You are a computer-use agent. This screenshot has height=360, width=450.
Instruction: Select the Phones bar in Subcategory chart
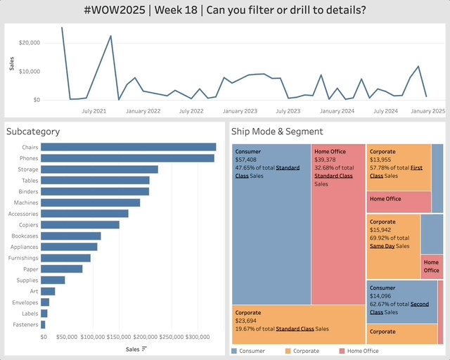click(127, 158)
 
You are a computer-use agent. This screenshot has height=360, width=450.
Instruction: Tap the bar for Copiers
click(79, 224)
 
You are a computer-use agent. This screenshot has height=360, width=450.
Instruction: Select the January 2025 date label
click(428, 111)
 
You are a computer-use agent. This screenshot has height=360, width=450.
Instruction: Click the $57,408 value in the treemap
click(247, 160)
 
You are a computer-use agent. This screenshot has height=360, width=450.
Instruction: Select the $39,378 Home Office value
click(326, 160)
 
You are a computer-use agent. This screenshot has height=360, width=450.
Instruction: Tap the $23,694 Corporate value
click(247, 321)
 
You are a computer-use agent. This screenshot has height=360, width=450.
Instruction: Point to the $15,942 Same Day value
click(381, 230)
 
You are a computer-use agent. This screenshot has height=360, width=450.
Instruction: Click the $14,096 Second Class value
click(381, 296)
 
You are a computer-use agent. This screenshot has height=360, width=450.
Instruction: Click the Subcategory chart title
click(32, 131)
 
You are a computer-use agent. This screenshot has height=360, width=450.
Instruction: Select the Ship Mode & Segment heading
click(277, 131)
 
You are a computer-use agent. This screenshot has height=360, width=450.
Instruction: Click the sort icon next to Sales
click(144, 349)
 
